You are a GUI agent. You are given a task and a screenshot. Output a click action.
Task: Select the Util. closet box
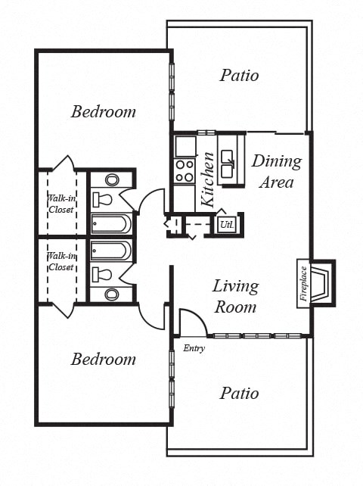pos(225,224)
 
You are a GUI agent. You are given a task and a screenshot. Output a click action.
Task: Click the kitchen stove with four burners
pos(185,171)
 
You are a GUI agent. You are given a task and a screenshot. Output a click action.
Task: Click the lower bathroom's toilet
pos(102,273)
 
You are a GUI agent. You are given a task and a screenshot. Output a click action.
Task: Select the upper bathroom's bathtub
pos(110,224)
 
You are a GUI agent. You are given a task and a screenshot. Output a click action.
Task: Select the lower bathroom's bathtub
pos(110,250)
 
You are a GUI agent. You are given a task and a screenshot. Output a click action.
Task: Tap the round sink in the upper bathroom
pos(112,180)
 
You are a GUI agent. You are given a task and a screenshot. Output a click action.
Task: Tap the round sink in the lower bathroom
pos(112,294)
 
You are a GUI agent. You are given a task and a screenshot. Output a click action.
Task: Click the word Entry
pos(194,348)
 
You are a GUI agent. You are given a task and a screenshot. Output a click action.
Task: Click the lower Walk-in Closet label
pos(60,262)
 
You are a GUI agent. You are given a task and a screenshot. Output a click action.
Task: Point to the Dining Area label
pos(276,171)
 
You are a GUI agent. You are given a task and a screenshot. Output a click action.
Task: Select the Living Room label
pos(235,296)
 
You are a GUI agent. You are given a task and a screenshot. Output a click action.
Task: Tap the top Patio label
pos(239,76)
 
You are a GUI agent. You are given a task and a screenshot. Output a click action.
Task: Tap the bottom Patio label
pos(239,394)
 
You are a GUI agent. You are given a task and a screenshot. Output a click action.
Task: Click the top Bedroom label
pos(104,112)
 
